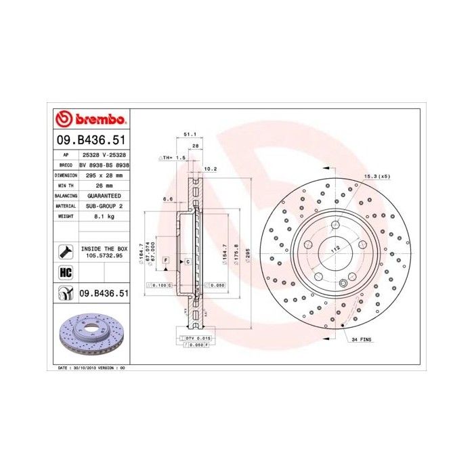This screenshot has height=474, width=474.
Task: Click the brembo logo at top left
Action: (x=90, y=120)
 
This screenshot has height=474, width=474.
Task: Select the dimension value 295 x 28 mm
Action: (x=104, y=175)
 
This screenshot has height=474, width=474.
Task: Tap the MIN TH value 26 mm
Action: (x=104, y=185)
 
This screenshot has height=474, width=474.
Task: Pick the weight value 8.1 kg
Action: (x=104, y=216)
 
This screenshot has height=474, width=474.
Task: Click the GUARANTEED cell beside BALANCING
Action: (x=104, y=195)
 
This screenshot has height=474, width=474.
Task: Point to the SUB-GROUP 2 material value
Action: (x=104, y=205)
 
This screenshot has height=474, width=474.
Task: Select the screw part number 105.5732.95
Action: (x=104, y=257)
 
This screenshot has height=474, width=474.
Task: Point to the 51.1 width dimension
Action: (x=190, y=134)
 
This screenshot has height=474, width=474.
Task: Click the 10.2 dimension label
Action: (x=210, y=169)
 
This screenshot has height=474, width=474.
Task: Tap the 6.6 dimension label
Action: (x=169, y=199)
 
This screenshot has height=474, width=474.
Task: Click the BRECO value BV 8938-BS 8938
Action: (x=104, y=165)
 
